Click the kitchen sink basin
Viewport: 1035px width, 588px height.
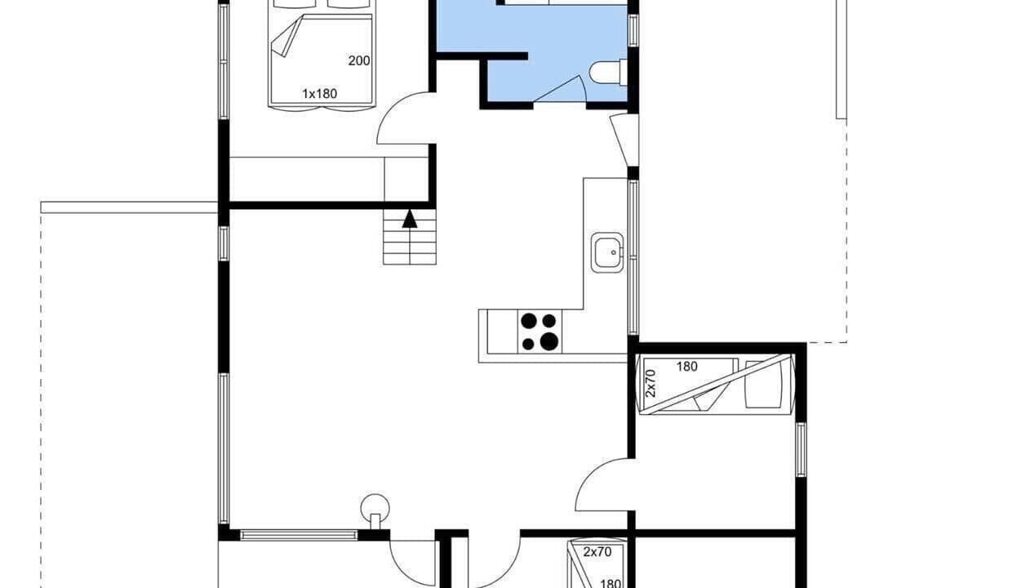[607, 252]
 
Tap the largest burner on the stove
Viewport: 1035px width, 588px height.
[549, 341]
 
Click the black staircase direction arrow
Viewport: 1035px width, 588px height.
[410, 219]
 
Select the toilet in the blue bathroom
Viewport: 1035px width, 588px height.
[609, 73]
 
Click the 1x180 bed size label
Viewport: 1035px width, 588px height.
[319, 94]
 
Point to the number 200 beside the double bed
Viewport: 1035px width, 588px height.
[359, 60]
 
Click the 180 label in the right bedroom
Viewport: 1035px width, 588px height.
[686, 367]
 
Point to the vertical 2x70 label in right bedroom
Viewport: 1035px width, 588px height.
[650, 383]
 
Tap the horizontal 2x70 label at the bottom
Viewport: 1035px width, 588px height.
[597, 551]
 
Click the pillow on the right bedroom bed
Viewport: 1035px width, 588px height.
[763, 385]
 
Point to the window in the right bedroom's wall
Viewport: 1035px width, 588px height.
[801, 450]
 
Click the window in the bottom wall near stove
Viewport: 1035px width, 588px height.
[299, 535]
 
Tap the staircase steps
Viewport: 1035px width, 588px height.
[410, 237]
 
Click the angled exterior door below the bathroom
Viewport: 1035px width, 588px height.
[624, 140]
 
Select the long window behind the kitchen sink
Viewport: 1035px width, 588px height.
[633, 257]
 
